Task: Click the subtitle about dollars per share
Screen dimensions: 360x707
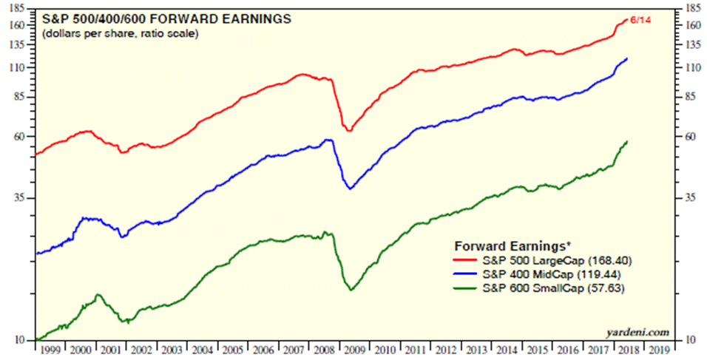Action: click(120, 34)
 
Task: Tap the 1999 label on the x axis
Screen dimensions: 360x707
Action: click(50, 350)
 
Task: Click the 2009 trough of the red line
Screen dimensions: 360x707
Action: click(349, 131)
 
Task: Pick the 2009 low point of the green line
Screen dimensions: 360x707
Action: click(351, 289)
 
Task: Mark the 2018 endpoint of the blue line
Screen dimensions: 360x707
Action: click(628, 58)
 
